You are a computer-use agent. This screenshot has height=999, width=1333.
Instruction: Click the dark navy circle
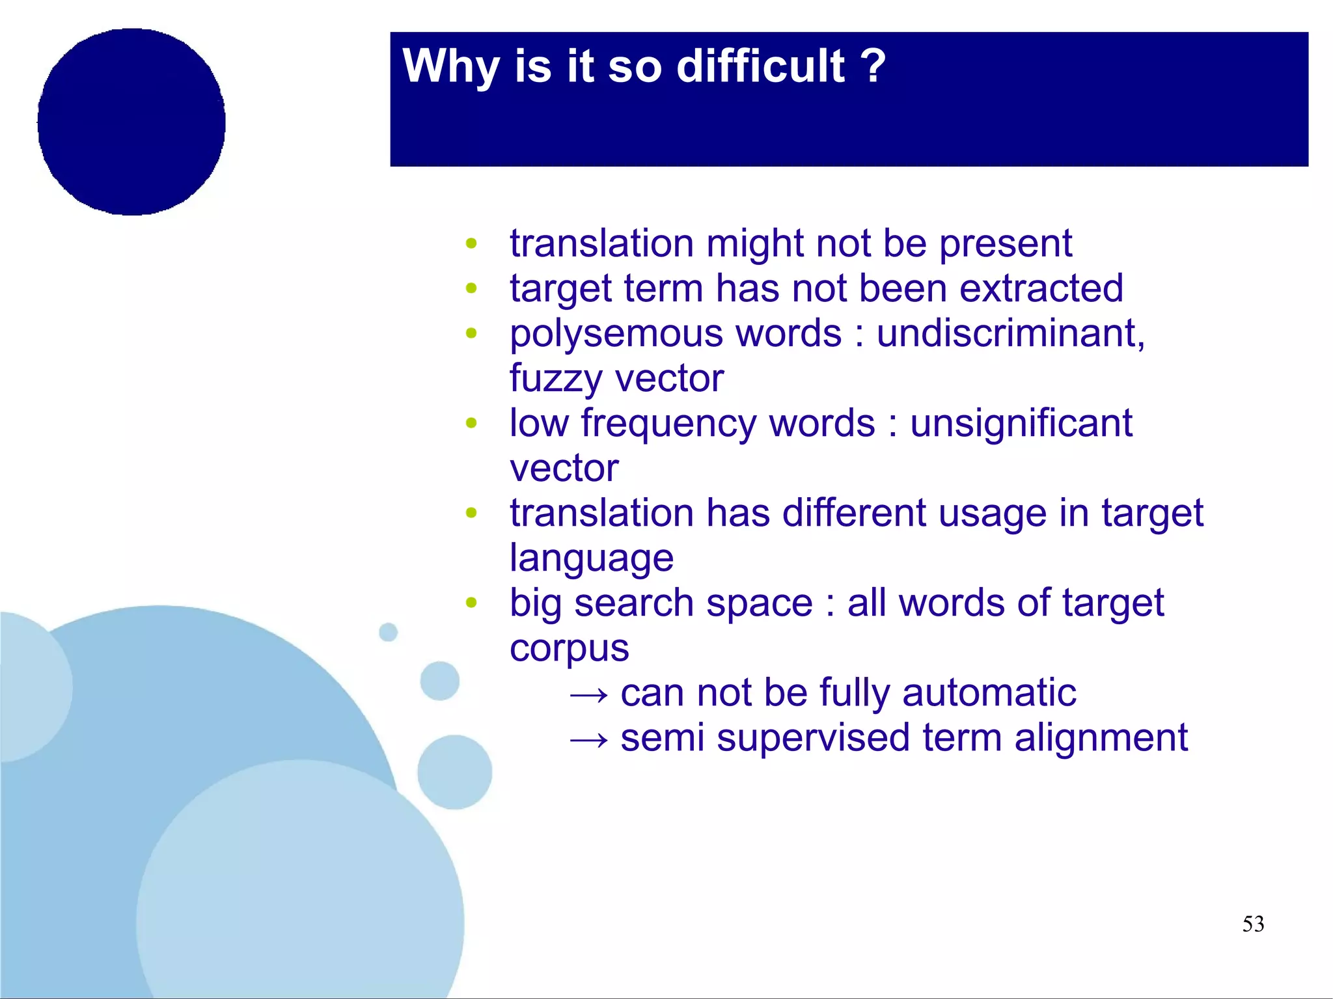click(131, 122)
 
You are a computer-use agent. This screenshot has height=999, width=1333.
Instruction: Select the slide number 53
click(1253, 924)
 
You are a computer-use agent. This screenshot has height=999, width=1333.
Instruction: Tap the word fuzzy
click(555, 379)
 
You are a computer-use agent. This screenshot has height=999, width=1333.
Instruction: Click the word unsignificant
click(1021, 423)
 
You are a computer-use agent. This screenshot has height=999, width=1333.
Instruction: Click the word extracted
click(1041, 288)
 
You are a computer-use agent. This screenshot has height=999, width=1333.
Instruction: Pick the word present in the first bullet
click(1006, 245)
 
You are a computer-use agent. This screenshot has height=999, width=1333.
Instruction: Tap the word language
click(591, 559)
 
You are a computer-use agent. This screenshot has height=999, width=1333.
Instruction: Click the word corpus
click(569, 649)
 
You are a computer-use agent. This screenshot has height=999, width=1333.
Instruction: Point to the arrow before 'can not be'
click(588, 694)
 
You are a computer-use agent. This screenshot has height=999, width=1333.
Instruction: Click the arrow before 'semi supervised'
click(588, 739)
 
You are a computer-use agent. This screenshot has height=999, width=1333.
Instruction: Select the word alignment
click(1101, 738)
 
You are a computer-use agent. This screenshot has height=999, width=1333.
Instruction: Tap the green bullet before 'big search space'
click(471, 602)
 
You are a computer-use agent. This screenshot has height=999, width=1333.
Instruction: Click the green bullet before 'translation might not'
click(471, 244)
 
